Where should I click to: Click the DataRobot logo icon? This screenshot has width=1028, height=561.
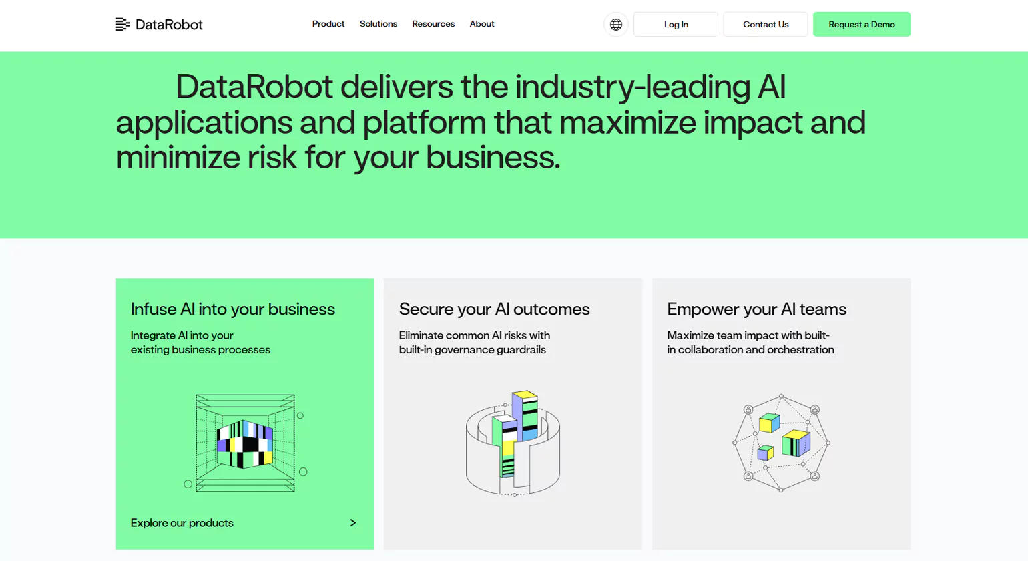coord(123,24)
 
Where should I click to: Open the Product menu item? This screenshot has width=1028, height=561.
coord(328,24)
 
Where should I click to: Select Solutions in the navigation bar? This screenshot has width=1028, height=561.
coord(378,24)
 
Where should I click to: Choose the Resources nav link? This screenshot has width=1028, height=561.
coord(433,24)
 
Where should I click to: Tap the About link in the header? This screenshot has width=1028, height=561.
coord(482,24)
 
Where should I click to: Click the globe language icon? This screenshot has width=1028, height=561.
coord(616,24)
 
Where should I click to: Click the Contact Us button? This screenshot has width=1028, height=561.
coord(766,24)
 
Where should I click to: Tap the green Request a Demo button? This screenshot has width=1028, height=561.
coord(862,24)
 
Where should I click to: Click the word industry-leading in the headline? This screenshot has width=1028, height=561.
coord(632,87)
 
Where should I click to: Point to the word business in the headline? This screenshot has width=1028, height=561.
coord(493,158)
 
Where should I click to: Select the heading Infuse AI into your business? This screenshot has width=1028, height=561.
coord(233,309)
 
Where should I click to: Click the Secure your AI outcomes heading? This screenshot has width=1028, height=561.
coord(494,309)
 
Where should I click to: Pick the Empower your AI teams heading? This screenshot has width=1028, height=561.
coord(757,309)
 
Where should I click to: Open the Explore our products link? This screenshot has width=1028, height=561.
coord(182,523)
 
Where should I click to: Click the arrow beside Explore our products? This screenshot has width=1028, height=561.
coord(353,523)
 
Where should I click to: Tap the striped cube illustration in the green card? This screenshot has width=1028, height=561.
coord(245,443)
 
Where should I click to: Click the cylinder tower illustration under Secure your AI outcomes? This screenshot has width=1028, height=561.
coord(513,443)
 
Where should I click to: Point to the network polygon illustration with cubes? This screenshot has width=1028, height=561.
coord(781,443)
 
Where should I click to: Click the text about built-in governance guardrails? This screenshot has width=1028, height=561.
coord(475,343)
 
